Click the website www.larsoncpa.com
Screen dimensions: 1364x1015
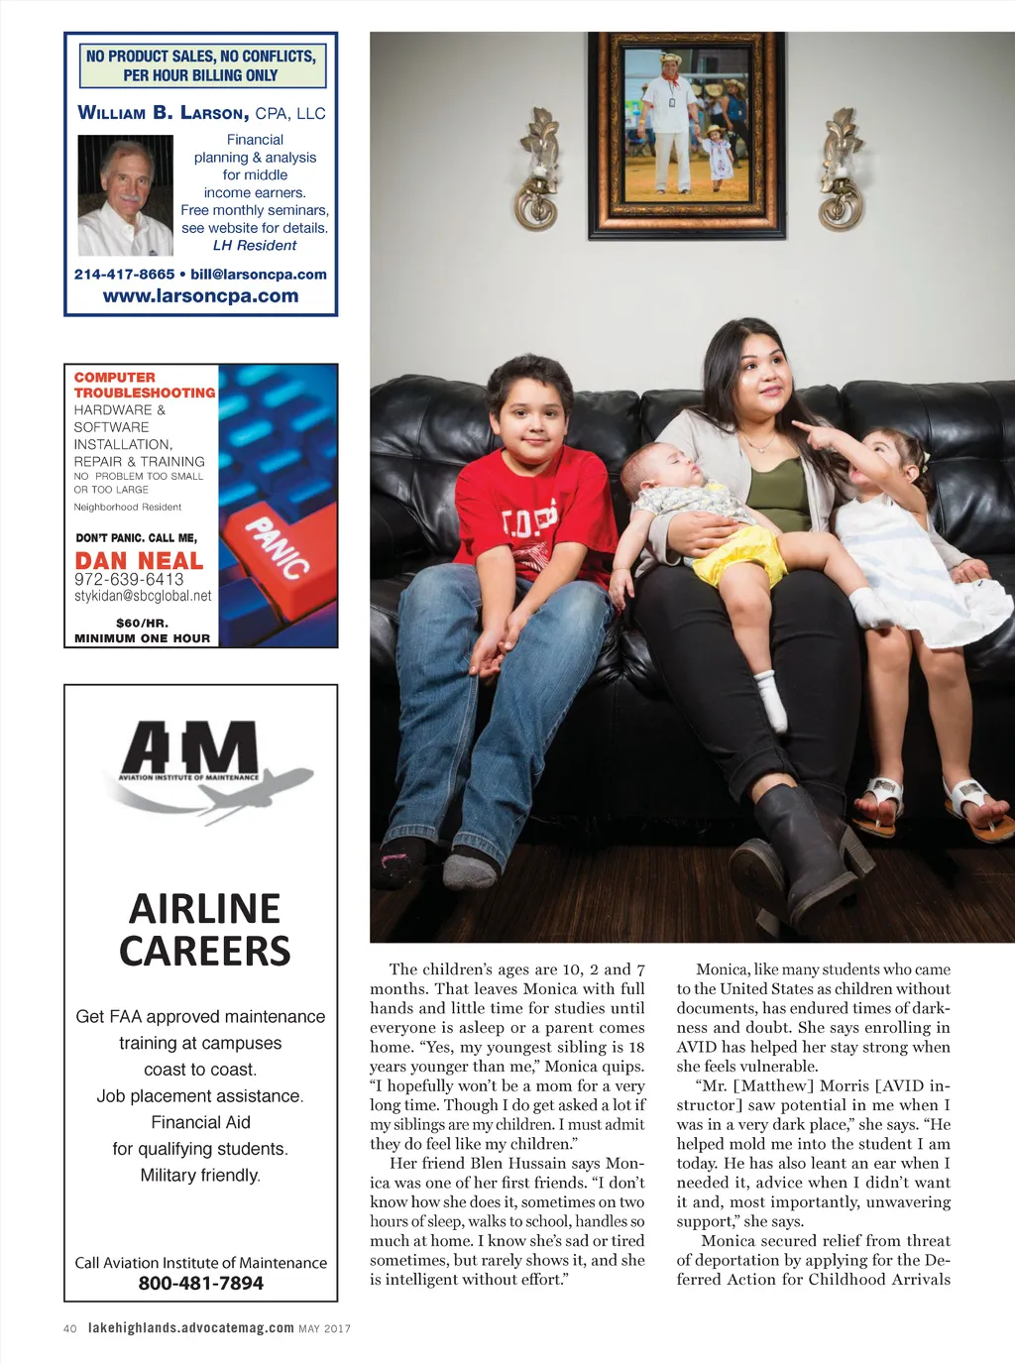point(200,295)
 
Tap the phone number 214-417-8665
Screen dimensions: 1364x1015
point(124,275)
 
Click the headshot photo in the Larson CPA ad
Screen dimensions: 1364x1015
point(125,196)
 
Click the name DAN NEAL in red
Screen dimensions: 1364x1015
point(139,561)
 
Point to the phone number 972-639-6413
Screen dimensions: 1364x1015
point(129,579)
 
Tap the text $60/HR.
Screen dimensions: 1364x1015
point(142,623)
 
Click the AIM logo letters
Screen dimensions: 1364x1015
point(190,750)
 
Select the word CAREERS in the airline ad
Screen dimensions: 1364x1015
point(205,952)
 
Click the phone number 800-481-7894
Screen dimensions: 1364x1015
point(201,1284)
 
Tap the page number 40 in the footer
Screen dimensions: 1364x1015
point(69,1328)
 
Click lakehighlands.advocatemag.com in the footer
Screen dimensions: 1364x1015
point(190,1328)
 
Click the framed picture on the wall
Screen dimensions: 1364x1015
point(687,135)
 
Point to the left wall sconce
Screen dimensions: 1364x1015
point(538,170)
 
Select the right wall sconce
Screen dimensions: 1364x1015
point(843,170)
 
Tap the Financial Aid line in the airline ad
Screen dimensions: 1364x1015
point(200,1122)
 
